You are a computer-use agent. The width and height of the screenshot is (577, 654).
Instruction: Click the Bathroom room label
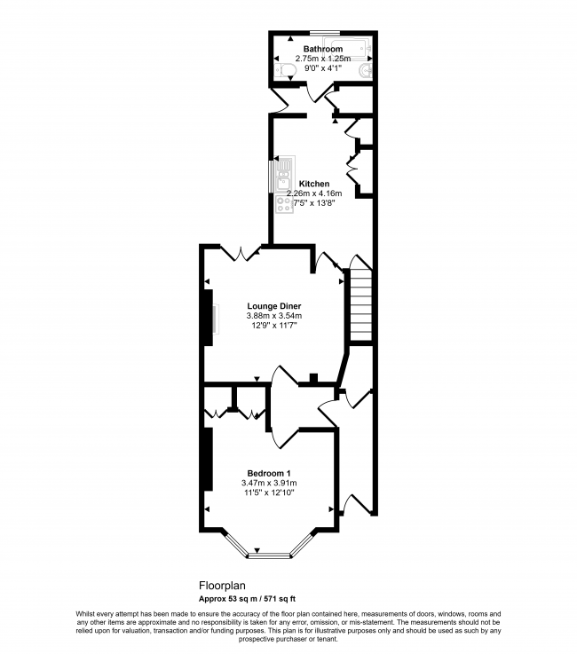pyautogui.click(x=322, y=49)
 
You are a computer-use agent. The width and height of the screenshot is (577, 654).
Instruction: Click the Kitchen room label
pyautogui.click(x=314, y=184)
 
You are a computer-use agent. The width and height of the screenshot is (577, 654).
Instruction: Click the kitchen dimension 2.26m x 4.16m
pyautogui.click(x=314, y=193)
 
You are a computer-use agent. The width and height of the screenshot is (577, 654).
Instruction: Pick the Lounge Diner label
pyautogui.click(x=273, y=306)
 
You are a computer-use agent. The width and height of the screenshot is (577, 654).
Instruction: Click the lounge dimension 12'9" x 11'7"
pyautogui.click(x=273, y=326)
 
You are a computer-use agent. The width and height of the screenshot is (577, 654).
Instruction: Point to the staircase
pyautogui.click(x=360, y=307)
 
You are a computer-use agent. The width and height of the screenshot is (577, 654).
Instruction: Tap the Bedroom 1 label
pyautogui.click(x=269, y=473)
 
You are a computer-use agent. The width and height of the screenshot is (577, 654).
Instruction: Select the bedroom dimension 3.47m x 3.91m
pyautogui.click(x=269, y=483)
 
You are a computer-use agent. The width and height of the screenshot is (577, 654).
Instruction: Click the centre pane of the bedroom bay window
pyautogui.click(x=269, y=556)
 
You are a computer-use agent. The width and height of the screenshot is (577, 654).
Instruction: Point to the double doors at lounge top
pyautogui.click(x=241, y=254)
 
